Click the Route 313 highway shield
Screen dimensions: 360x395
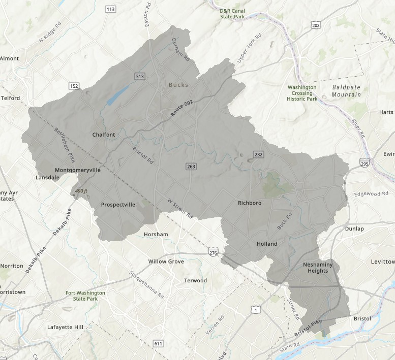point(140,76)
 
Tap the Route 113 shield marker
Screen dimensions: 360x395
point(110,10)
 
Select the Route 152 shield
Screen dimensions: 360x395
point(74,86)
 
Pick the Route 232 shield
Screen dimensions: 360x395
point(258,154)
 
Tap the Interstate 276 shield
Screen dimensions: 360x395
point(213,252)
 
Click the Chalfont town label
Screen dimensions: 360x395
point(104,135)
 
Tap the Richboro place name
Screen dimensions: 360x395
point(249,203)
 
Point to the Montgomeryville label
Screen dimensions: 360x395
point(77,170)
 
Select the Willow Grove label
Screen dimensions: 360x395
point(166,261)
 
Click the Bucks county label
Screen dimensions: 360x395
point(178,85)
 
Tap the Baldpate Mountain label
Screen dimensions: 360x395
point(346,91)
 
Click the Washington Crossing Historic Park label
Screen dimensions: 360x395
point(302,93)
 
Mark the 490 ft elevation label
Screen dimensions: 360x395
point(80,191)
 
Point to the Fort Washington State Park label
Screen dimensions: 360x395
point(85,296)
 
